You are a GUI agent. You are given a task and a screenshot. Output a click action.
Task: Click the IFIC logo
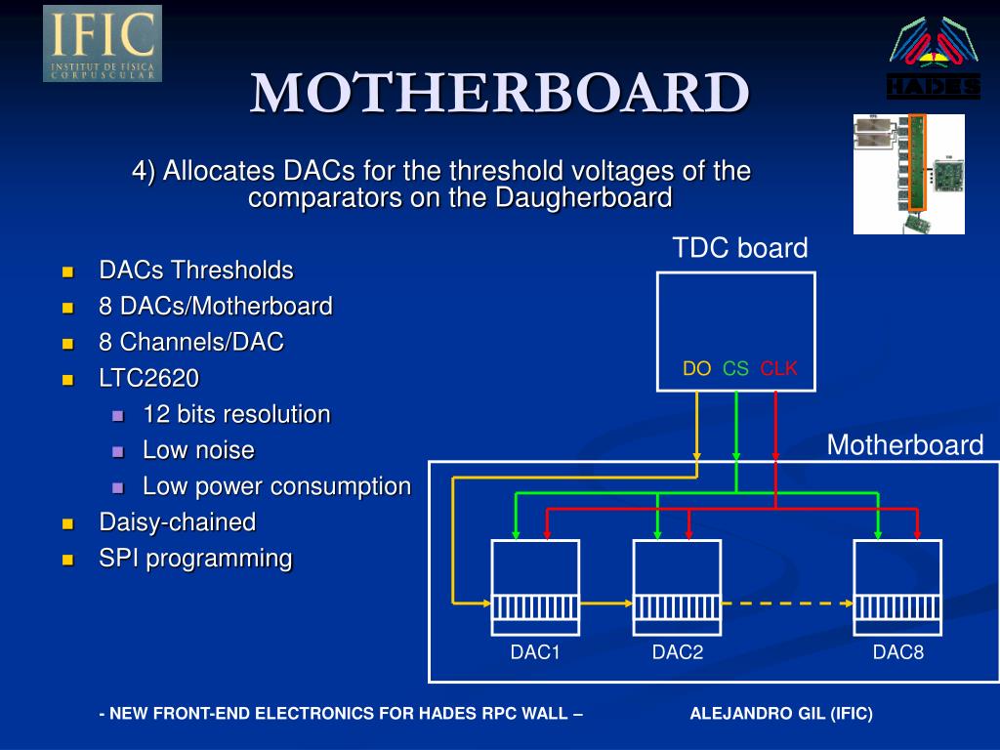102,43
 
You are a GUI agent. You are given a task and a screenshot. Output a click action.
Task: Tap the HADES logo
934,58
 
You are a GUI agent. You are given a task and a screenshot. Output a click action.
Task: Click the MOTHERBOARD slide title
499,93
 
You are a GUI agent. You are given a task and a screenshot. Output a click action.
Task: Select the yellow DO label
696,368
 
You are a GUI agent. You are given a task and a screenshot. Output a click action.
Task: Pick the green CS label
735,368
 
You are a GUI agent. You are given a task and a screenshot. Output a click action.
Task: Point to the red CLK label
778,368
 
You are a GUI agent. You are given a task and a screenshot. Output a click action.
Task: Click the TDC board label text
740,247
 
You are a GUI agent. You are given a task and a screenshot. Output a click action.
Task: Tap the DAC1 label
535,651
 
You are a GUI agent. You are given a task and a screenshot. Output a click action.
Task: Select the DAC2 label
678,651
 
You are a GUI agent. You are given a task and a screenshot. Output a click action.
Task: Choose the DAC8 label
898,651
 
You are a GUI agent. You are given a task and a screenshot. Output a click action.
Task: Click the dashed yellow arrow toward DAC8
788,604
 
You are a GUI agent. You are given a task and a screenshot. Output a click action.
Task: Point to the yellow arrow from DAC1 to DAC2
606,604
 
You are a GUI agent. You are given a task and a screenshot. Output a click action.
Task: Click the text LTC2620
148,378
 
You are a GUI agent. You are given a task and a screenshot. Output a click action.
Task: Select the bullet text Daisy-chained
178,522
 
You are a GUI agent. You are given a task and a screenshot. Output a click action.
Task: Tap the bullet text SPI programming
195,559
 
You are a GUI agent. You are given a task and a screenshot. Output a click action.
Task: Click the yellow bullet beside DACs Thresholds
68,272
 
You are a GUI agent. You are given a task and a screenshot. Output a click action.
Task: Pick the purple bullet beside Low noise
118,452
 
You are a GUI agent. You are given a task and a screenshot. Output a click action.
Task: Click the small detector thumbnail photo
909,174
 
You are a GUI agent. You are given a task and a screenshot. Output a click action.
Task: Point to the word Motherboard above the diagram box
905,444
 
